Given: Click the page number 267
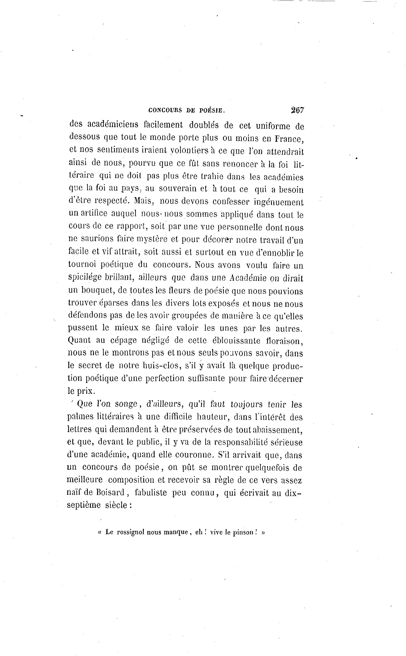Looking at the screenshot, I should [297, 110].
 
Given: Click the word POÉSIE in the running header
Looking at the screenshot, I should [212, 110].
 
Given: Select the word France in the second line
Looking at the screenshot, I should [289, 139].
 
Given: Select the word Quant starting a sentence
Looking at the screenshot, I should [79, 340].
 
